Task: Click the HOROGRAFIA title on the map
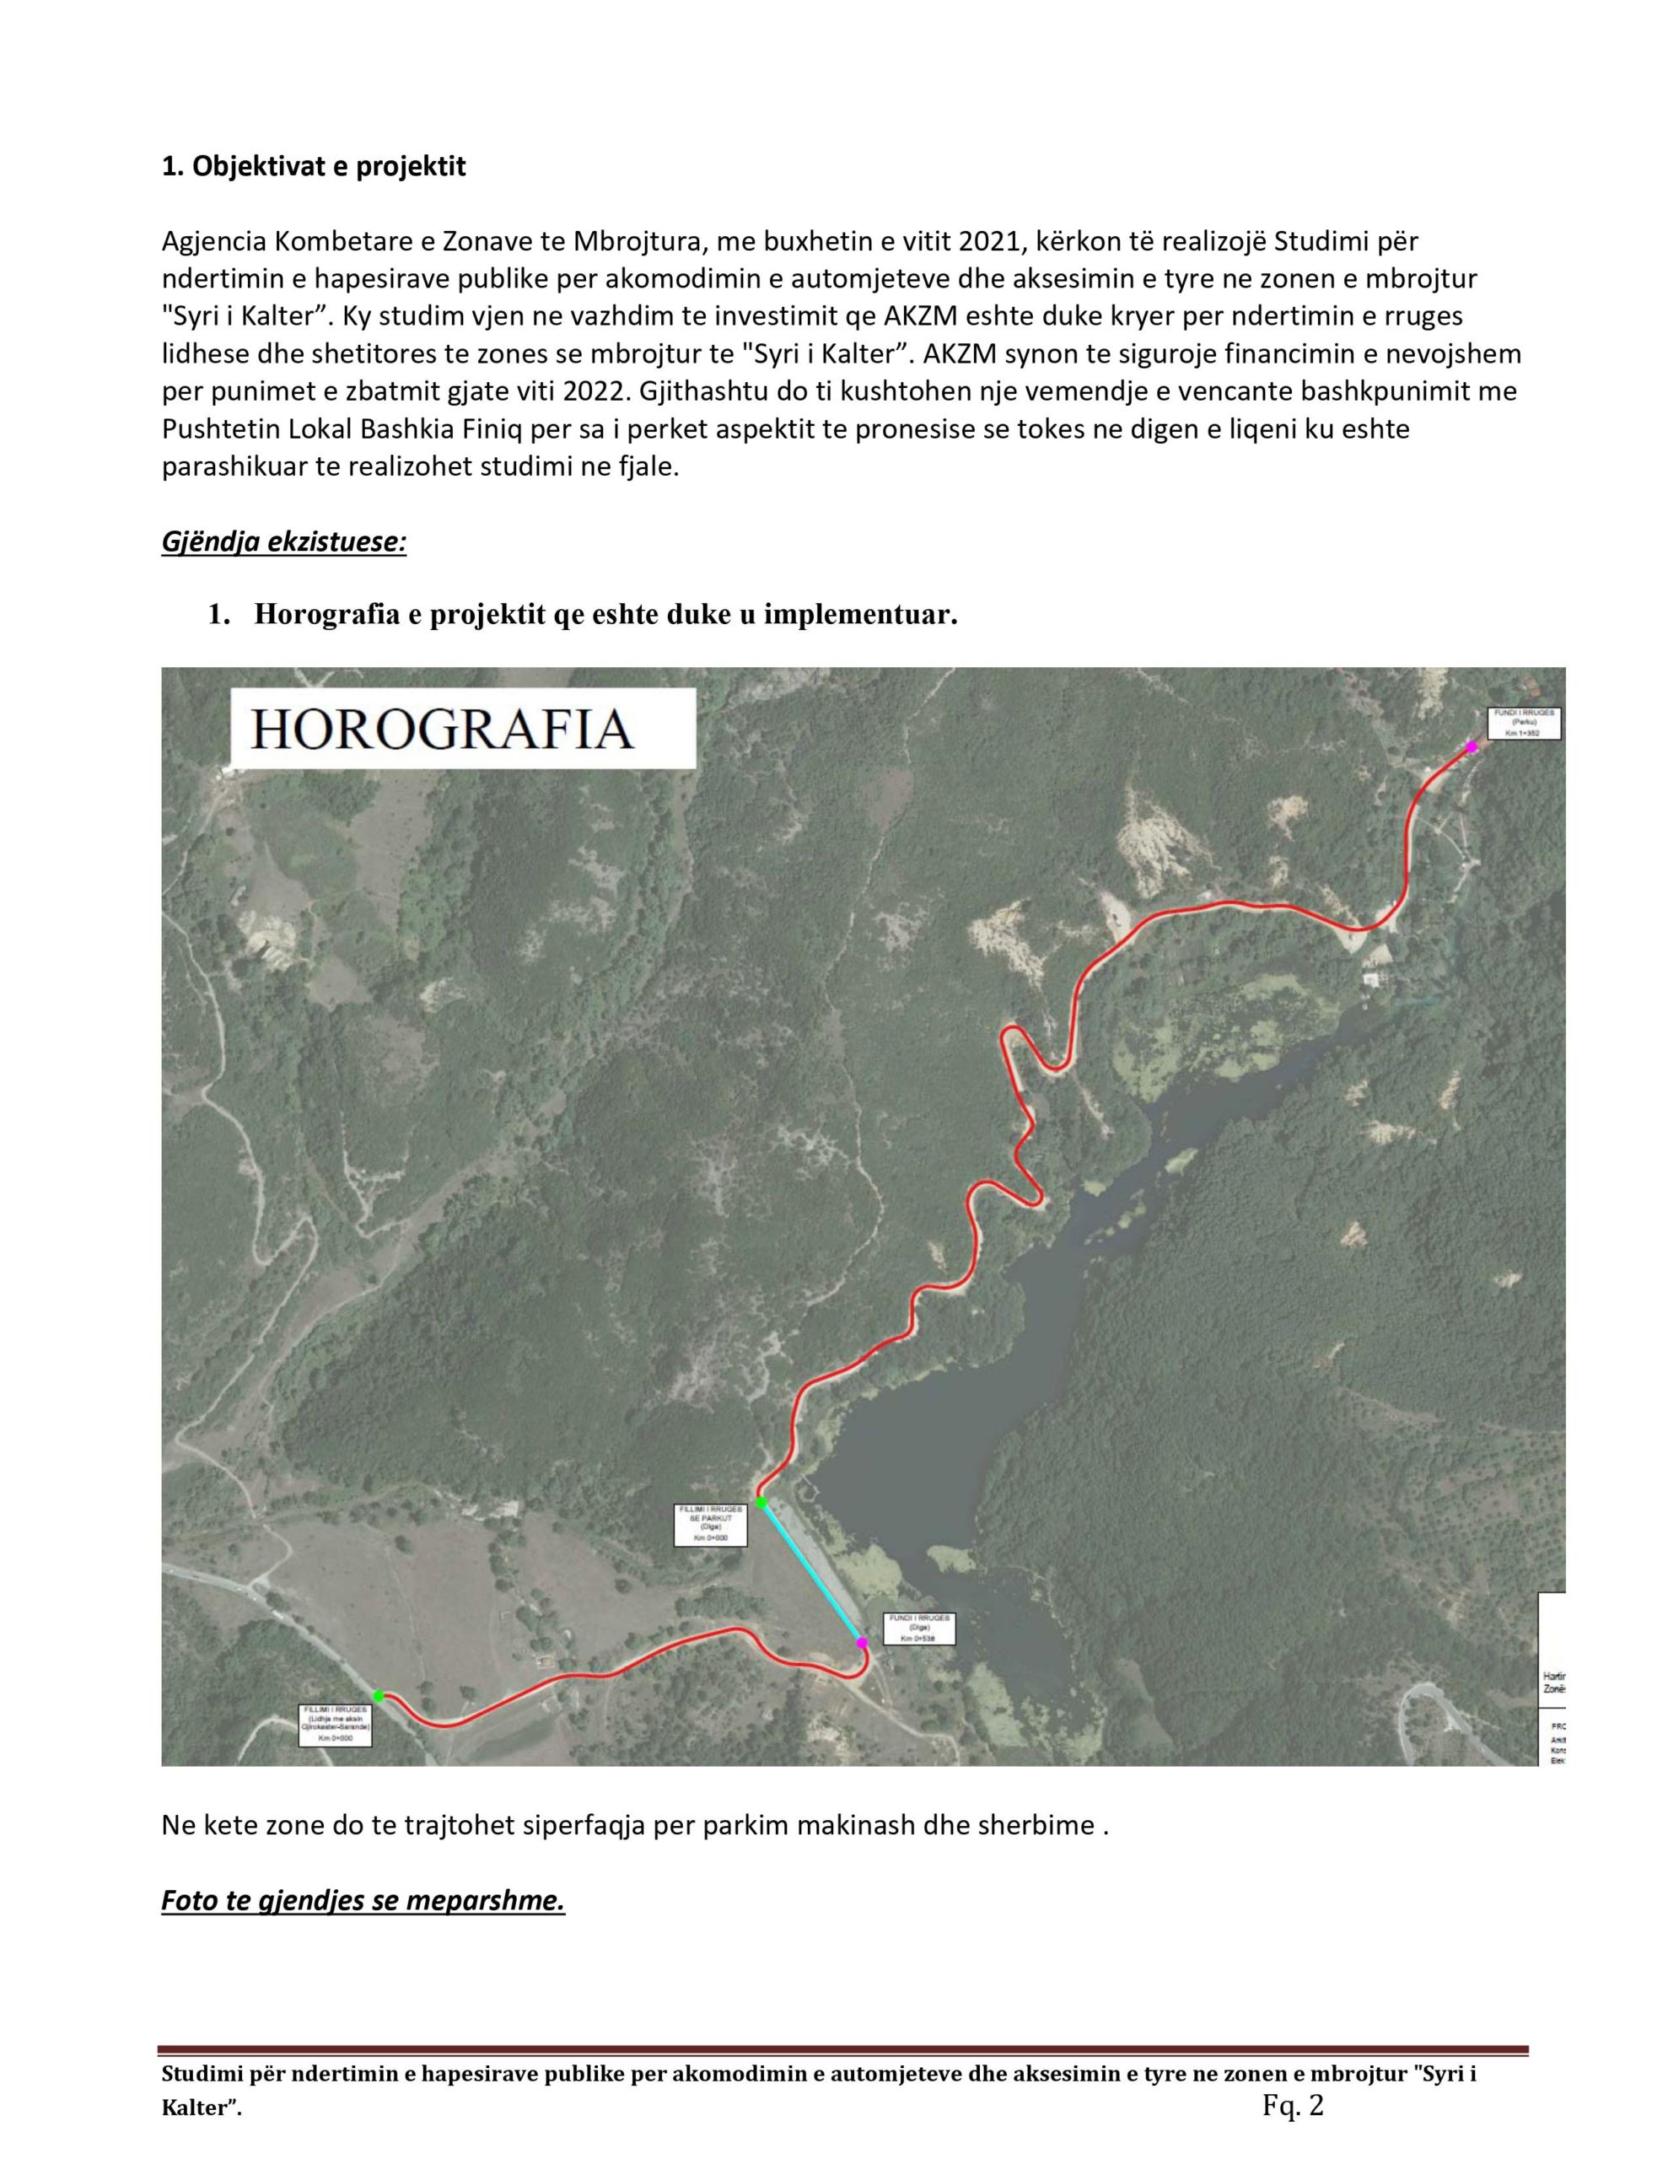click(x=442, y=730)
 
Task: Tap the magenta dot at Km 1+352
click(x=1472, y=747)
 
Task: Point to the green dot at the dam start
click(x=761, y=1503)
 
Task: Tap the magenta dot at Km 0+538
click(x=861, y=1642)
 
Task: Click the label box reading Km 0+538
click(x=918, y=1629)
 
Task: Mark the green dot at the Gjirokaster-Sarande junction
click(x=378, y=1695)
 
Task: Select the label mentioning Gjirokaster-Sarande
click(x=336, y=1725)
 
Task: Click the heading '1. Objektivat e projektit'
click(x=314, y=166)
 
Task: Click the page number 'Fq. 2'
click(x=1292, y=2106)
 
